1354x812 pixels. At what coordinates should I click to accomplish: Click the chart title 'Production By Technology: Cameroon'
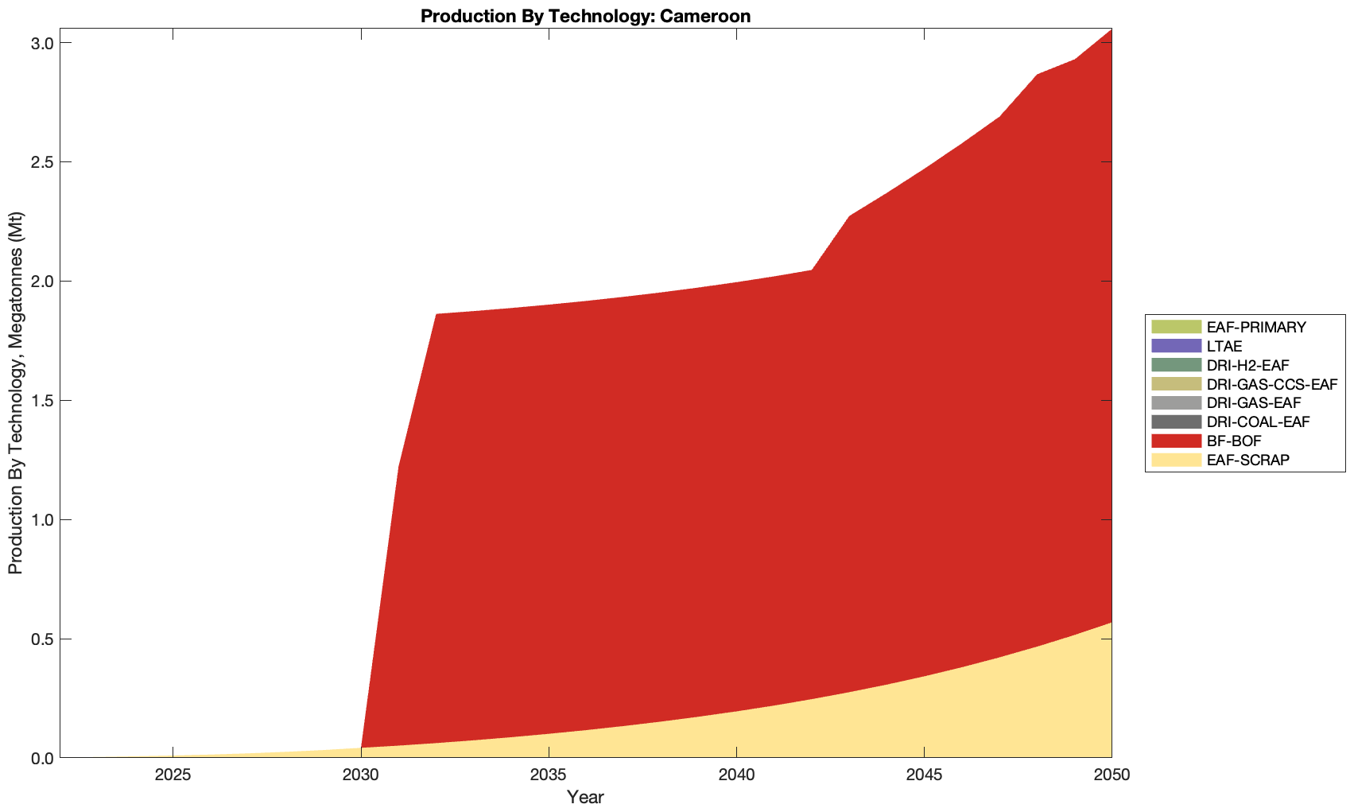(585, 15)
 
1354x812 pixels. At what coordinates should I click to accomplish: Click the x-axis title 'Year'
(585, 797)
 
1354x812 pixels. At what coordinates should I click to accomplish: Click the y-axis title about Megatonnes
(16, 393)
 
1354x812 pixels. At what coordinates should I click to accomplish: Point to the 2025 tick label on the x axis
(173, 775)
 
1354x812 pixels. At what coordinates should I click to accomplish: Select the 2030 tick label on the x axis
(361, 775)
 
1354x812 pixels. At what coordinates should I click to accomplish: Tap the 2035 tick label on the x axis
(549, 775)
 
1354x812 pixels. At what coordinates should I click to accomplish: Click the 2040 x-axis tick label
(736, 775)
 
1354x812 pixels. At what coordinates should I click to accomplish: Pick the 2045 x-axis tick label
(924, 775)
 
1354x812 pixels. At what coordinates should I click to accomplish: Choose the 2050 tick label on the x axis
(1111, 775)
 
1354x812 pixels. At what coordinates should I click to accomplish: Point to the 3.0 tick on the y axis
(42, 43)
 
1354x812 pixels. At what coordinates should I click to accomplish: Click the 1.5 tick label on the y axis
(42, 401)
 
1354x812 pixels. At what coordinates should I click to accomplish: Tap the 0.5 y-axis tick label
(42, 639)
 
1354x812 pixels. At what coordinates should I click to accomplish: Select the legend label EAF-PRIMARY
(1256, 327)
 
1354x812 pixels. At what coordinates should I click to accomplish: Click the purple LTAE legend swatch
(1175, 346)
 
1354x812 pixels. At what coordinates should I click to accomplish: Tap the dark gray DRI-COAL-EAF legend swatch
(1175, 422)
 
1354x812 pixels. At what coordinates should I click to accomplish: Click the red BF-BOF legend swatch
(1175, 441)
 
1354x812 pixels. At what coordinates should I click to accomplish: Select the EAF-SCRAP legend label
(1247, 460)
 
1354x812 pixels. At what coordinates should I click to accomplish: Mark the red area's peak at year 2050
(1111, 29)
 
